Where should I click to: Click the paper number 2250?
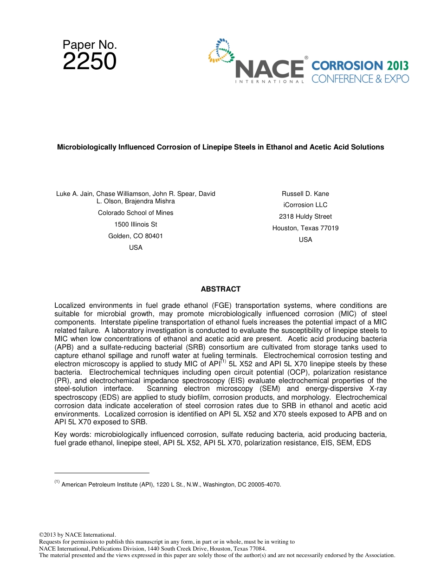click(x=90, y=62)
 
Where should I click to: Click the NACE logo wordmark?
click(x=269, y=70)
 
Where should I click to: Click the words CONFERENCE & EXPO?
click(x=360, y=79)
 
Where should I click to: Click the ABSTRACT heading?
click(x=220, y=289)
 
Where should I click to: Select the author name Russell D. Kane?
click(x=305, y=194)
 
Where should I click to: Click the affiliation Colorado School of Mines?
click(x=136, y=213)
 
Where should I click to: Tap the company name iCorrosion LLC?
click(x=305, y=205)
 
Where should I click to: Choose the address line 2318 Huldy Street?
click(x=305, y=216)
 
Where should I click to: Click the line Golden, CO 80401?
click(x=136, y=236)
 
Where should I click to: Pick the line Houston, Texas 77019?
click(x=305, y=228)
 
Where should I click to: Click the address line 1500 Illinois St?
click(x=136, y=224)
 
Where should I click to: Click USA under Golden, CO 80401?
click(x=136, y=247)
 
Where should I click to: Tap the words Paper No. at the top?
click(x=90, y=45)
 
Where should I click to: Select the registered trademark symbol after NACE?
click(x=306, y=58)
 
